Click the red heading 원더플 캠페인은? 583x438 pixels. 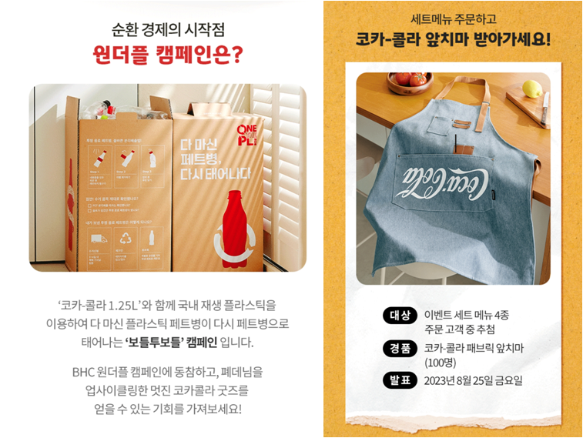pyautogui.click(x=167, y=55)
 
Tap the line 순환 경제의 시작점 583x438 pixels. pyautogui.click(x=168, y=31)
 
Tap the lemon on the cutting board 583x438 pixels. pyautogui.click(x=532, y=89)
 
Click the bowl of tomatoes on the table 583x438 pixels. pyautogui.click(x=409, y=80)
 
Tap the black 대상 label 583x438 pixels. pyautogui.click(x=399, y=316)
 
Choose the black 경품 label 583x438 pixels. pyautogui.click(x=399, y=348)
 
